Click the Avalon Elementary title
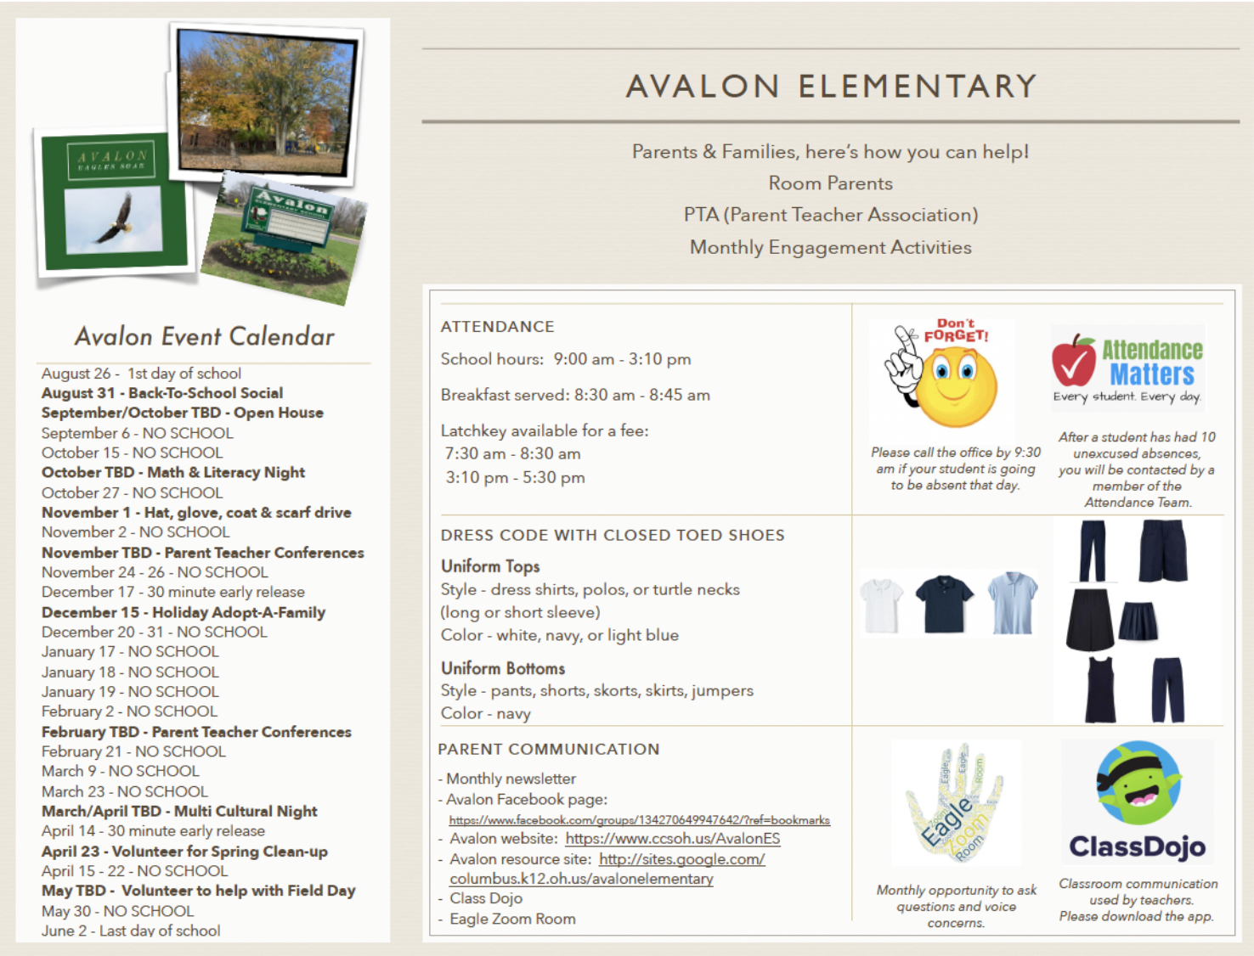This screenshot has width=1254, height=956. [831, 86]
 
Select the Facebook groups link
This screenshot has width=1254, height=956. [639, 820]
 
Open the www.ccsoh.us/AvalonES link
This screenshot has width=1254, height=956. [672, 839]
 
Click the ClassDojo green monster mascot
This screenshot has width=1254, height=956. [1138, 784]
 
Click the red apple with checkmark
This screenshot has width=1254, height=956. [1074, 361]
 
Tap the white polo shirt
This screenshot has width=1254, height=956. [881, 605]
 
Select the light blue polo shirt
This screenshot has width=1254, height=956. [1012, 604]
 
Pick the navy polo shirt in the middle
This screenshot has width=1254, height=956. [945, 604]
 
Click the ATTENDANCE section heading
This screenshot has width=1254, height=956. [497, 327]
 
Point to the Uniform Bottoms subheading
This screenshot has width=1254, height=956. [502, 668]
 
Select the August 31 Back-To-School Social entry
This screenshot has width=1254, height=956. [162, 393]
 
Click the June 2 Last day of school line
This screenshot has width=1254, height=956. [131, 931]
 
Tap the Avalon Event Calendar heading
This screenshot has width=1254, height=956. [204, 336]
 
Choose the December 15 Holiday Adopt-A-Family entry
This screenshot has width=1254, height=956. [184, 612]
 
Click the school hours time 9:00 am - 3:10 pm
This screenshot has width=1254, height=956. [622, 359]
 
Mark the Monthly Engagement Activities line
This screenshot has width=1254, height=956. [830, 247]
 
